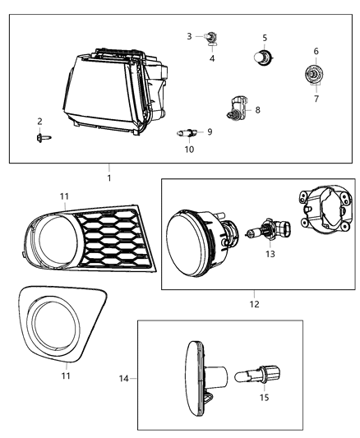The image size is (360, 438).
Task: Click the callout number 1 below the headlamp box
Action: (108, 178)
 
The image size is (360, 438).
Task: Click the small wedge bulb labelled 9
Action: (188, 131)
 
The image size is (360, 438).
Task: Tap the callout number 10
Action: (188, 150)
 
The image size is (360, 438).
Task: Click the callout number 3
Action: (188, 36)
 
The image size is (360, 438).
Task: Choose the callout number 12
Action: (253, 304)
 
